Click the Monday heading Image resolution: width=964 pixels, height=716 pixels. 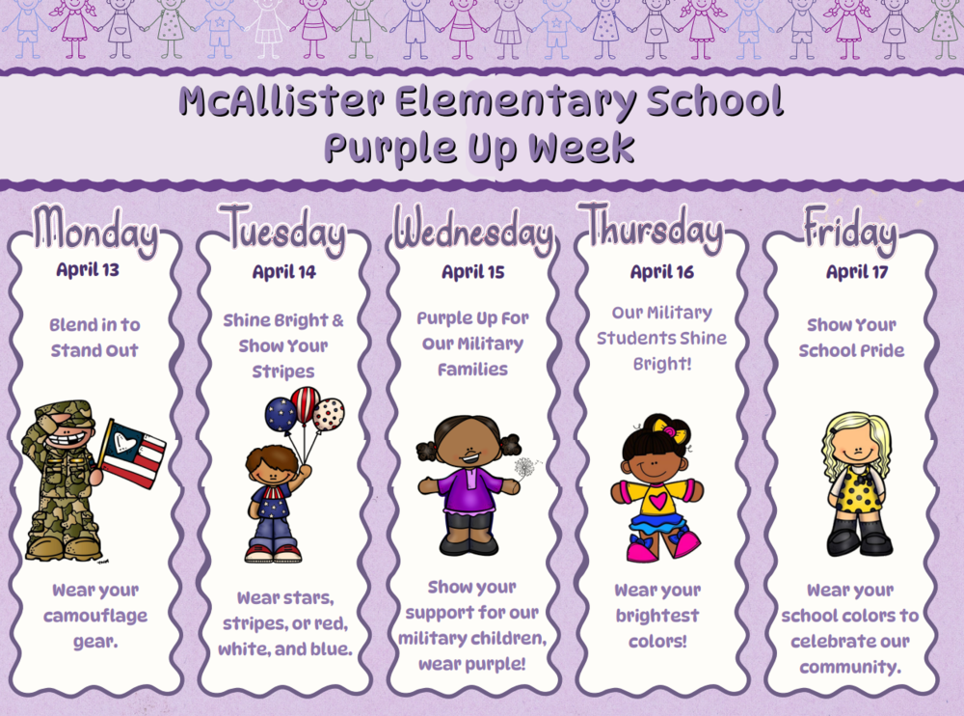pyautogui.click(x=94, y=232)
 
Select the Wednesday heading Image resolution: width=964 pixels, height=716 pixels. pyautogui.click(x=472, y=233)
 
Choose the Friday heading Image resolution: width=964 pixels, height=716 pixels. pyautogui.click(x=849, y=232)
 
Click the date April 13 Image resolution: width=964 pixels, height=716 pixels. pyautogui.click(x=88, y=269)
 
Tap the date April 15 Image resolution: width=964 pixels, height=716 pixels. pyautogui.click(x=472, y=272)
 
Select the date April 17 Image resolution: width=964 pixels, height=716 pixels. pyautogui.click(x=857, y=272)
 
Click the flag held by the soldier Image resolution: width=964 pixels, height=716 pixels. pyautogui.click(x=134, y=453)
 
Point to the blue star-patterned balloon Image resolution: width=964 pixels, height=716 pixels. pyautogui.click(x=281, y=414)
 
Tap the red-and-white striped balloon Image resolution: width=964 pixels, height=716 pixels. pyautogui.click(x=306, y=403)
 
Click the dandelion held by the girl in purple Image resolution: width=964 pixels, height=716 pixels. pyautogui.click(x=526, y=468)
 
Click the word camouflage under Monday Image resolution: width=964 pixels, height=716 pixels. pyautogui.click(x=94, y=616)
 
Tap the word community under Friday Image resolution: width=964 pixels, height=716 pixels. pyautogui.click(x=849, y=666)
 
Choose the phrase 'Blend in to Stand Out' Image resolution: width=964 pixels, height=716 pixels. pyautogui.click(x=94, y=338)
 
